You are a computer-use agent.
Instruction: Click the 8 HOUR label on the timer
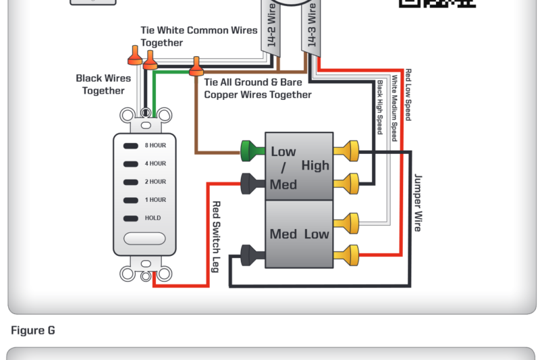[x=155, y=145]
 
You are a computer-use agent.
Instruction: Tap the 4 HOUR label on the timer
[x=155, y=163]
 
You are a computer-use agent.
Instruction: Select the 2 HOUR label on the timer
[x=155, y=182]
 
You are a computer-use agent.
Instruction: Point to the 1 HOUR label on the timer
[x=155, y=200]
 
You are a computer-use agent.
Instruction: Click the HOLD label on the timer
[x=153, y=218]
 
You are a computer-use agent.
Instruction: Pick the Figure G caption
[x=33, y=330]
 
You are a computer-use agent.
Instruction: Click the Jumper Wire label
[x=418, y=202]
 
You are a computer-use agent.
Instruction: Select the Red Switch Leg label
[x=216, y=236]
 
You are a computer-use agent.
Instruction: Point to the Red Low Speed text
[x=408, y=95]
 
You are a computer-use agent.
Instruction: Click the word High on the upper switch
[x=315, y=165]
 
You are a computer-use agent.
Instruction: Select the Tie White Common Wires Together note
[x=198, y=36]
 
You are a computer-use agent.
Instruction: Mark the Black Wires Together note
[x=103, y=84]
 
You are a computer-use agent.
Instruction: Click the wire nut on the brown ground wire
[x=196, y=66]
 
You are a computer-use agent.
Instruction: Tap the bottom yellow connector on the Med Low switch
[x=351, y=254]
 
